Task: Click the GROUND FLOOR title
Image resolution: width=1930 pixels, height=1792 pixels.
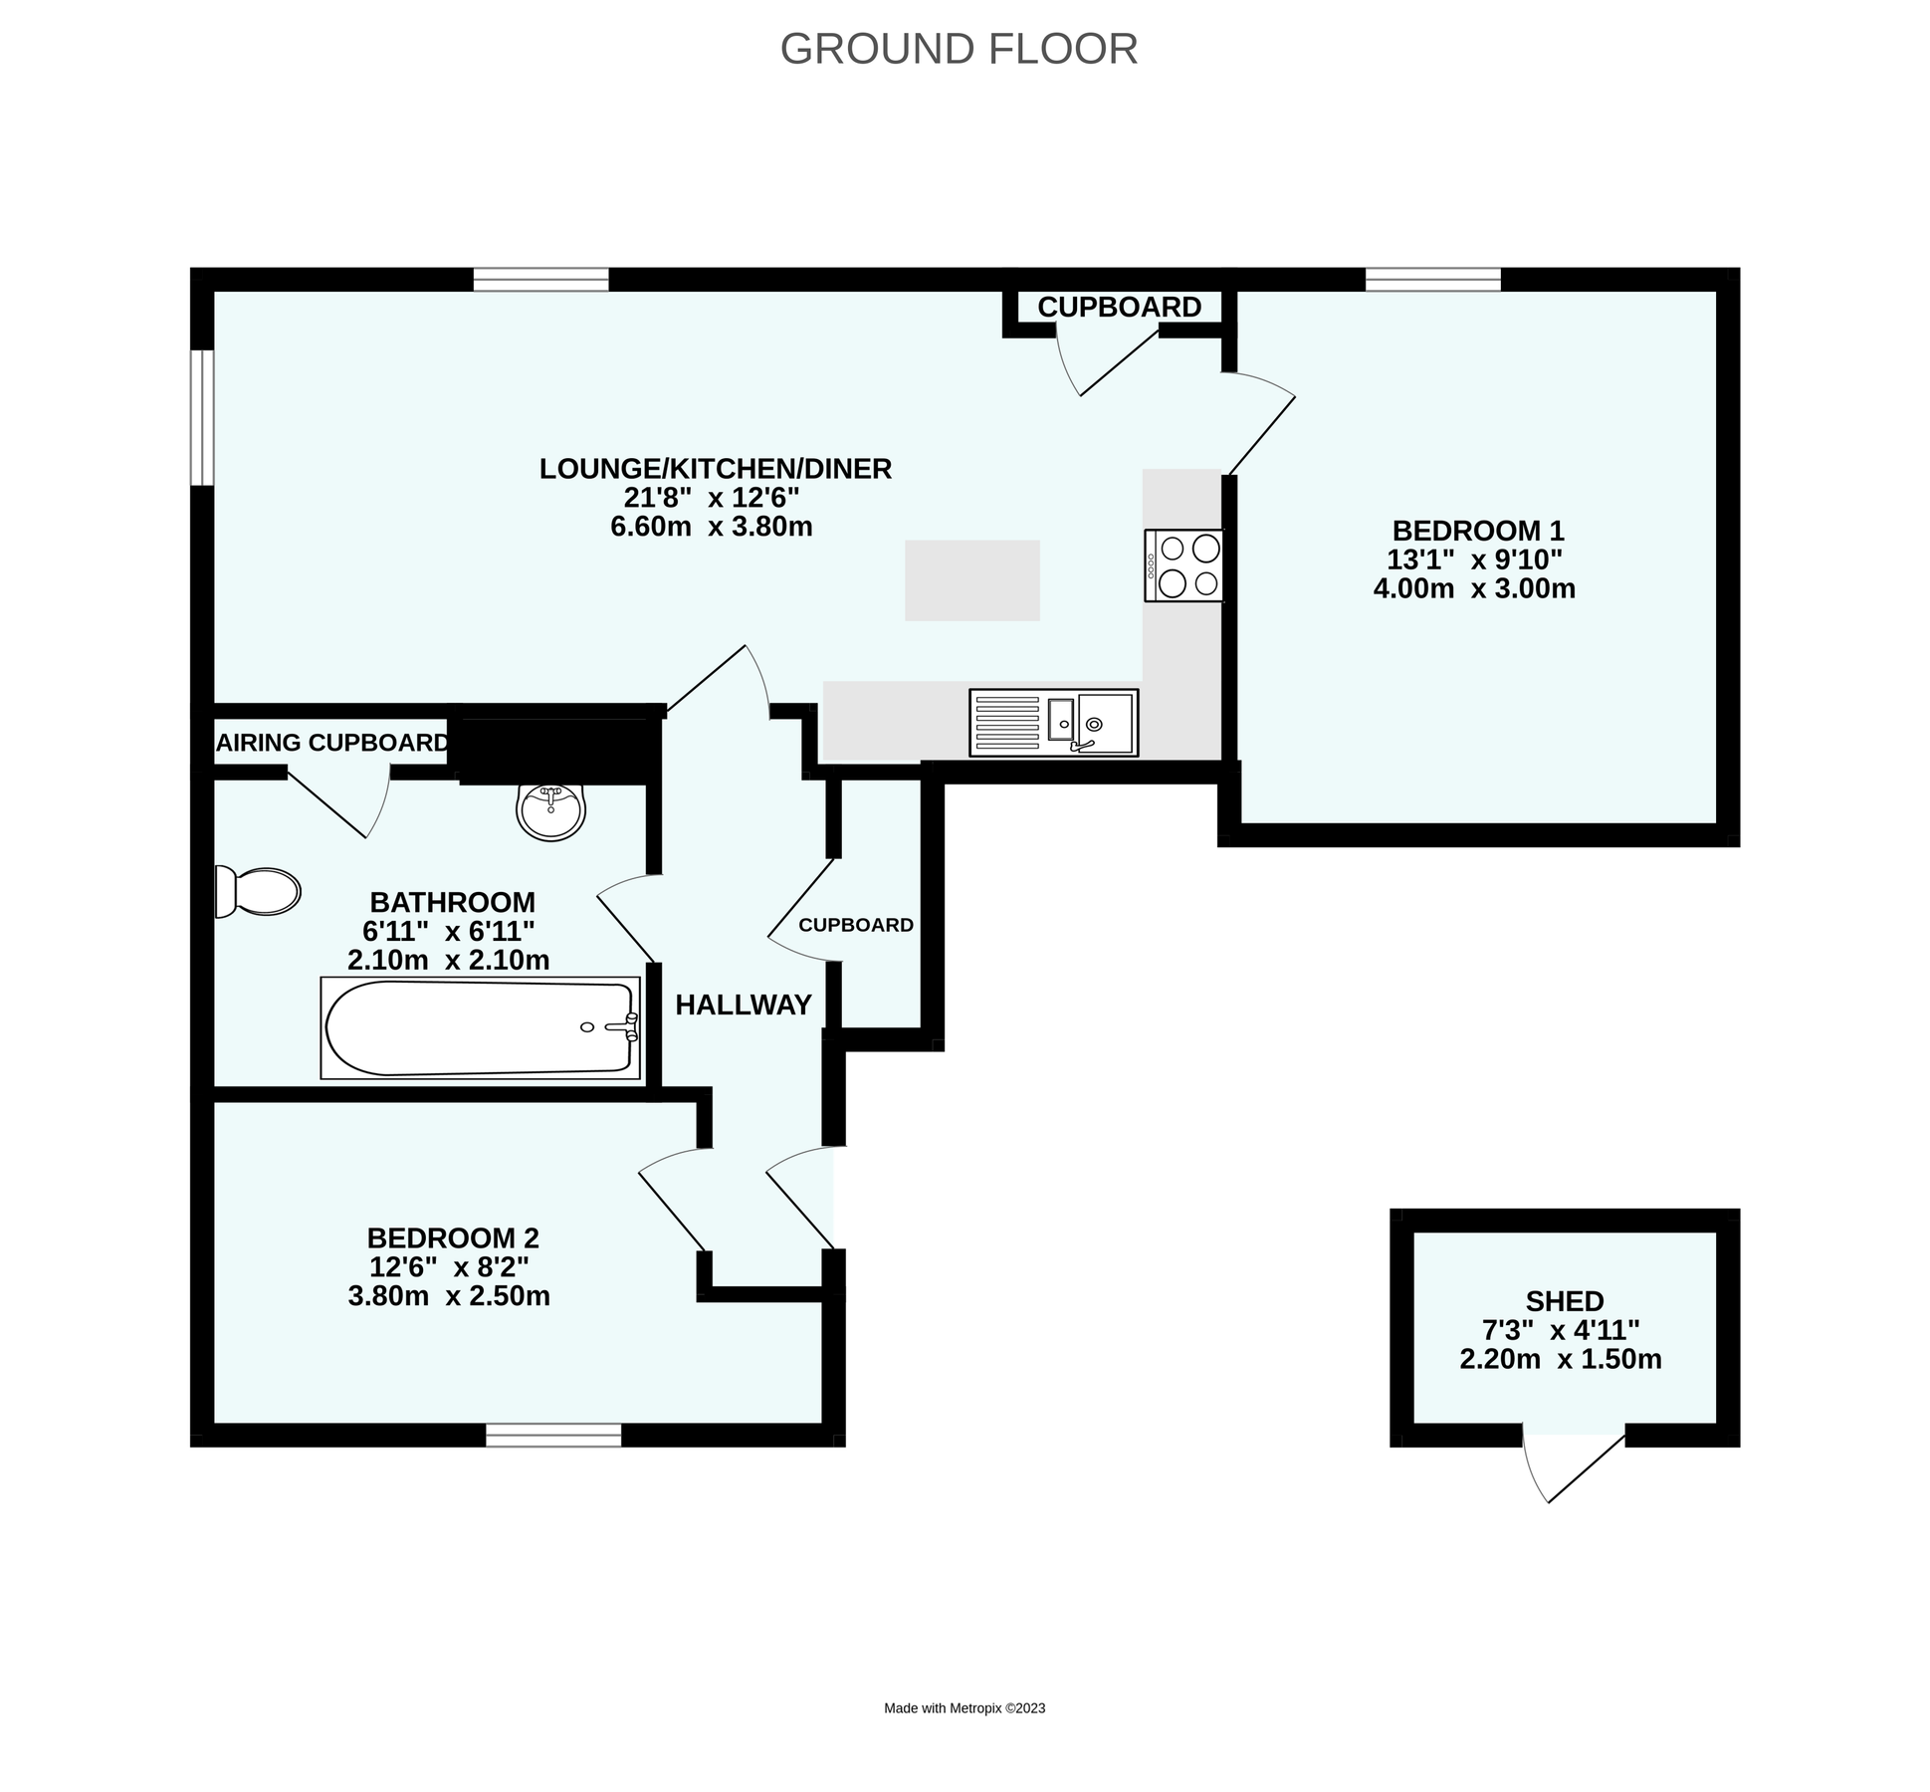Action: click(x=959, y=49)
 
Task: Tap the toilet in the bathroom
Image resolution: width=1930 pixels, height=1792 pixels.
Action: click(x=258, y=891)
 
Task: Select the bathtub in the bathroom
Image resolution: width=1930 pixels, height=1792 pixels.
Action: click(x=481, y=1028)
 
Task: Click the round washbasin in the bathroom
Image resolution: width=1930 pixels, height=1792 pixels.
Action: click(x=550, y=811)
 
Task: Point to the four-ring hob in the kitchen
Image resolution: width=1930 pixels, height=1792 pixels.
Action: click(x=1183, y=564)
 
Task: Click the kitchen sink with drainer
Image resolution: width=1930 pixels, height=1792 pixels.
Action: click(x=1053, y=723)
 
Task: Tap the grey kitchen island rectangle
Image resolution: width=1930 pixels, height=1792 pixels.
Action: click(x=972, y=580)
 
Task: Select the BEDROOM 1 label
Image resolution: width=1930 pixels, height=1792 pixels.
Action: click(x=1478, y=531)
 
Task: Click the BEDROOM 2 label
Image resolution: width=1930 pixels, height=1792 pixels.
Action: click(x=453, y=1238)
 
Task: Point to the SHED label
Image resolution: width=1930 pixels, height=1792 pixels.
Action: click(x=1565, y=1301)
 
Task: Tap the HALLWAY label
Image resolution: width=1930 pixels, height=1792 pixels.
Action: click(x=744, y=1006)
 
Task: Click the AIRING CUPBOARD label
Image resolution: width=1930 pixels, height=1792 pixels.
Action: click(x=332, y=743)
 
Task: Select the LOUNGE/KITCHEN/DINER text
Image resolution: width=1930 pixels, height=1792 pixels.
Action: click(x=716, y=469)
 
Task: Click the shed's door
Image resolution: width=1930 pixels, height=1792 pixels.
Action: click(x=1574, y=1468)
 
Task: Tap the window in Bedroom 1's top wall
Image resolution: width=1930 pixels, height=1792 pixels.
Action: click(x=1433, y=280)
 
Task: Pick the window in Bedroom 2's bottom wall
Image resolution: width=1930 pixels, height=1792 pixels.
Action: click(x=553, y=1435)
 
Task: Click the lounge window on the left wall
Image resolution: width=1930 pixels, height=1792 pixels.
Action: click(x=202, y=417)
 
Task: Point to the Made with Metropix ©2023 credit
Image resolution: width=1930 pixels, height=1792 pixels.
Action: click(x=965, y=1708)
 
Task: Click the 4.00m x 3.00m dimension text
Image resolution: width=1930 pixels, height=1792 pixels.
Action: click(x=1474, y=588)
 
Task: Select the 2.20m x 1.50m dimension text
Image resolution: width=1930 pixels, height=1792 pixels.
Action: click(x=1561, y=1359)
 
